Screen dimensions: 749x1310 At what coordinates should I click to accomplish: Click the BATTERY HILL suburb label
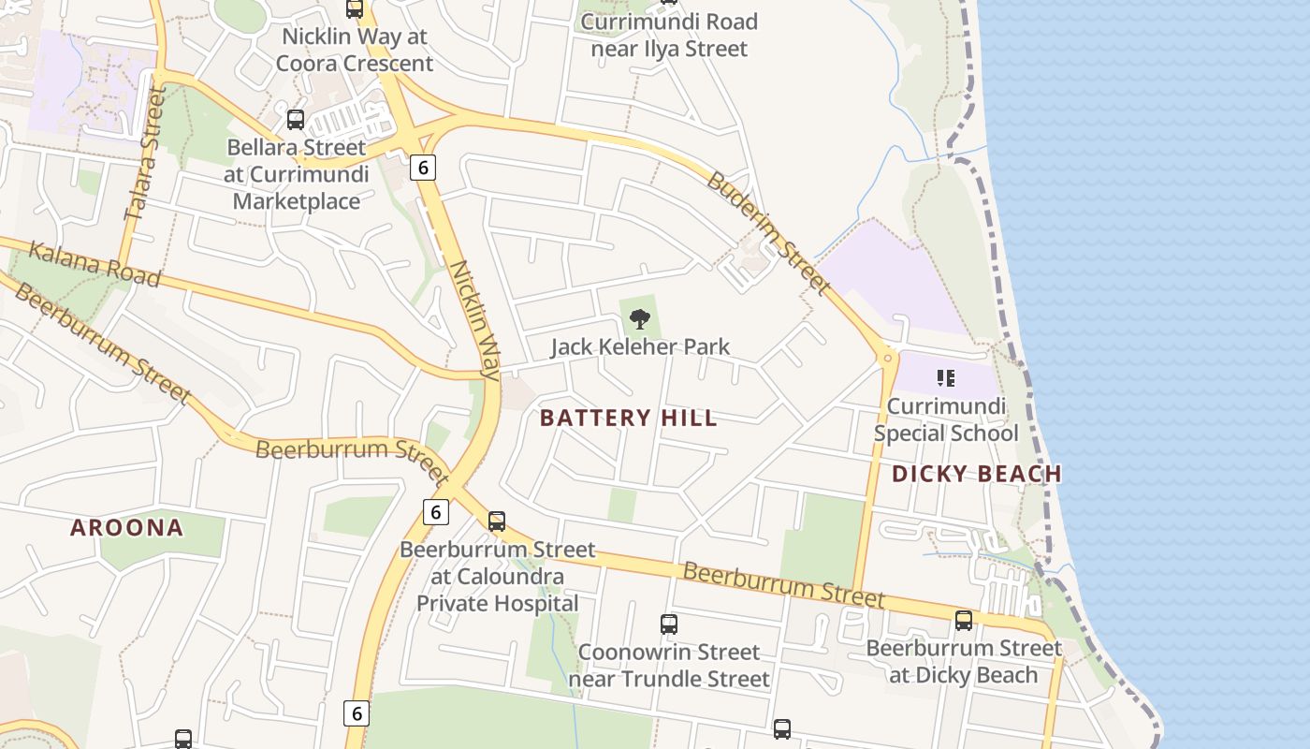pos(629,419)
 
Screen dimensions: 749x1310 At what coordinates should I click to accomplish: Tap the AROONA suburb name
pos(127,528)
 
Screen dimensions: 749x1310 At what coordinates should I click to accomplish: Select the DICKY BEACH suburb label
pos(976,474)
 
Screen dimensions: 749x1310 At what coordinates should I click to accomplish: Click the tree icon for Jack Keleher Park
pos(640,320)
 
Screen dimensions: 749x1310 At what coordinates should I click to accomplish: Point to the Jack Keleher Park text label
pos(640,347)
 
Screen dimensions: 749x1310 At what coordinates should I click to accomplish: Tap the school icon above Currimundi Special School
pos(945,378)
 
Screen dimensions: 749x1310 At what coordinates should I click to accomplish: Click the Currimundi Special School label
pos(946,420)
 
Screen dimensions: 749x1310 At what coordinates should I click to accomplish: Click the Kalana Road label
pos(95,264)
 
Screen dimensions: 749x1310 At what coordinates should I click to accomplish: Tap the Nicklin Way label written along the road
pos(475,318)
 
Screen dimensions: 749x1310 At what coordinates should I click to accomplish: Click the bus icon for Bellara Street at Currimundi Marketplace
pos(296,120)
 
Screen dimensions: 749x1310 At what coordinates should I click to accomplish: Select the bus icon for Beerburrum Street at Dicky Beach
pos(964,620)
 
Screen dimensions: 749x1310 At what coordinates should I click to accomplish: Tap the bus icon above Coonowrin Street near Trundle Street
pos(668,624)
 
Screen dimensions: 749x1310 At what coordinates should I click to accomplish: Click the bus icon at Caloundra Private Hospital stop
pos(497,521)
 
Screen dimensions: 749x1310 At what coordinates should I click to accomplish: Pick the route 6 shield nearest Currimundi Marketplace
pos(423,168)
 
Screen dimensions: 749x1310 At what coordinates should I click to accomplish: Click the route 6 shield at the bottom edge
pos(356,713)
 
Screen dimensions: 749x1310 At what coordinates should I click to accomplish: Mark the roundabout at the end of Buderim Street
pos(886,357)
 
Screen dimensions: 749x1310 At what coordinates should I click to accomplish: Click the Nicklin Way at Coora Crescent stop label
pos(355,51)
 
